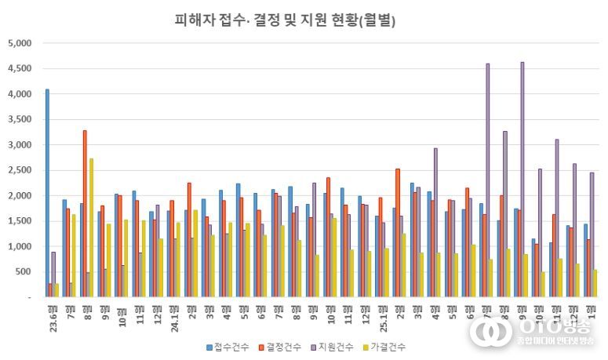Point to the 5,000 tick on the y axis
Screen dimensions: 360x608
[18, 43]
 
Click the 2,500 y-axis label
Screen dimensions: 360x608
[18, 170]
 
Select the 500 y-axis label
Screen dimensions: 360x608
[21, 272]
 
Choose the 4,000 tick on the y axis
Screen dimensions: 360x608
[18, 94]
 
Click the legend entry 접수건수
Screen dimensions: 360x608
[231, 347]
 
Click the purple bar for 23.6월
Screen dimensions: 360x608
[53, 275]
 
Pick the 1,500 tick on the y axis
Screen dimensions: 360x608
[18, 221]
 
